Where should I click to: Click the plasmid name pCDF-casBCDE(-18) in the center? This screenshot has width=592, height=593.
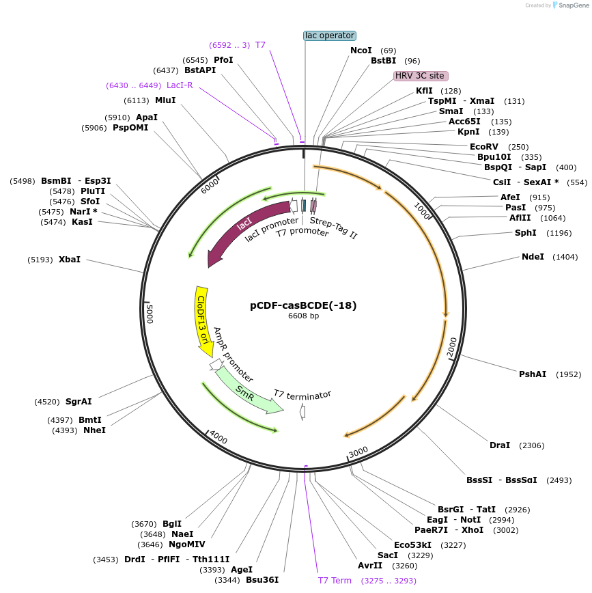(x=303, y=305)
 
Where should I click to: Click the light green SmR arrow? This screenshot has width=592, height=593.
(x=246, y=391)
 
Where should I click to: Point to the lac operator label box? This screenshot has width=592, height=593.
(x=330, y=35)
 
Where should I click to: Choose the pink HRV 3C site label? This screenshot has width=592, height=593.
(x=421, y=76)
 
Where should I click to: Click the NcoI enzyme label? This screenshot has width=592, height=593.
(x=361, y=51)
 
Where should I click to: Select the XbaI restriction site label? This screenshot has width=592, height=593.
(x=70, y=260)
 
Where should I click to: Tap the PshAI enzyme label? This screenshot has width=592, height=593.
(x=533, y=374)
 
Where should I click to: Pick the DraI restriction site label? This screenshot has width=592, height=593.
(x=500, y=445)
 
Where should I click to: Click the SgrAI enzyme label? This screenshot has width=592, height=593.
(x=79, y=402)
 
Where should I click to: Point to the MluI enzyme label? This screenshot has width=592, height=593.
(x=165, y=100)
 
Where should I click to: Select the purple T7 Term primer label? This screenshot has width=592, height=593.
(x=335, y=581)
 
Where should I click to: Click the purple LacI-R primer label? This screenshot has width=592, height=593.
(x=180, y=85)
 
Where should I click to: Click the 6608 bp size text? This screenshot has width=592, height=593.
(x=303, y=316)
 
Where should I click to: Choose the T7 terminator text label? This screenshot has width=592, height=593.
(x=302, y=394)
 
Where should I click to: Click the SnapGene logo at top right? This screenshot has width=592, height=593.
(x=569, y=5)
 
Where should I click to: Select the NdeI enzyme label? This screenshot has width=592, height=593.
(x=533, y=257)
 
